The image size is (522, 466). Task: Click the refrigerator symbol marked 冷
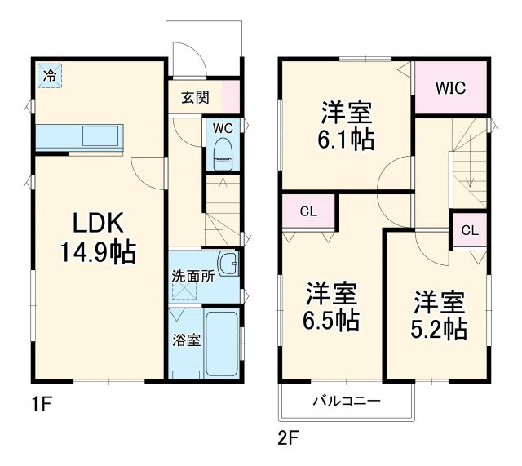(x=50, y=76)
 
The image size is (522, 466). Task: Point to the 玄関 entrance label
(x=195, y=97)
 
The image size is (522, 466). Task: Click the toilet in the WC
(x=222, y=153)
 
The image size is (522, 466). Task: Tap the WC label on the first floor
(x=222, y=127)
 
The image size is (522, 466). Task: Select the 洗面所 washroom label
(x=192, y=276)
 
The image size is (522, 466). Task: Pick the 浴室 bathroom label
(x=186, y=340)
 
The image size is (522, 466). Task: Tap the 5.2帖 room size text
(x=439, y=328)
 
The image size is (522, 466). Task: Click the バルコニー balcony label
(x=347, y=401)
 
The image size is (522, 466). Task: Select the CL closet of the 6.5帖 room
(x=307, y=212)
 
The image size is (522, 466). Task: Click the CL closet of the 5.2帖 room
(x=469, y=230)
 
